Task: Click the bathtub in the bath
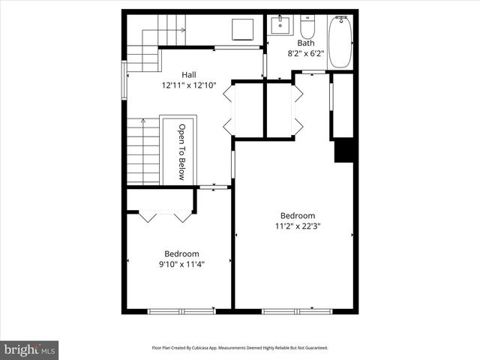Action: click(x=340, y=43)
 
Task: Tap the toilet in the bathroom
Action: click(x=307, y=28)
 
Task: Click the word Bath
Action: click(x=305, y=43)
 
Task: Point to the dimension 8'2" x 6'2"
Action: click(x=305, y=53)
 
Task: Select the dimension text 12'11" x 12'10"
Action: click(x=188, y=85)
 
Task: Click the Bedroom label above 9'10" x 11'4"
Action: click(x=181, y=253)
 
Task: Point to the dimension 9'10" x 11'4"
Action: click(x=181, y=264)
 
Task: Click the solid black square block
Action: click(x=343, y=150)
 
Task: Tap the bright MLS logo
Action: click(x=29, y=349)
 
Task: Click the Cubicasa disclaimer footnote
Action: click(x=240, y=348)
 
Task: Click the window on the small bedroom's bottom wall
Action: click(x=181, y=310)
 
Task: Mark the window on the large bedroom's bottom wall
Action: click(x=298, y=310)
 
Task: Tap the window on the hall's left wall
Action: click(x=124, y=75)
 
